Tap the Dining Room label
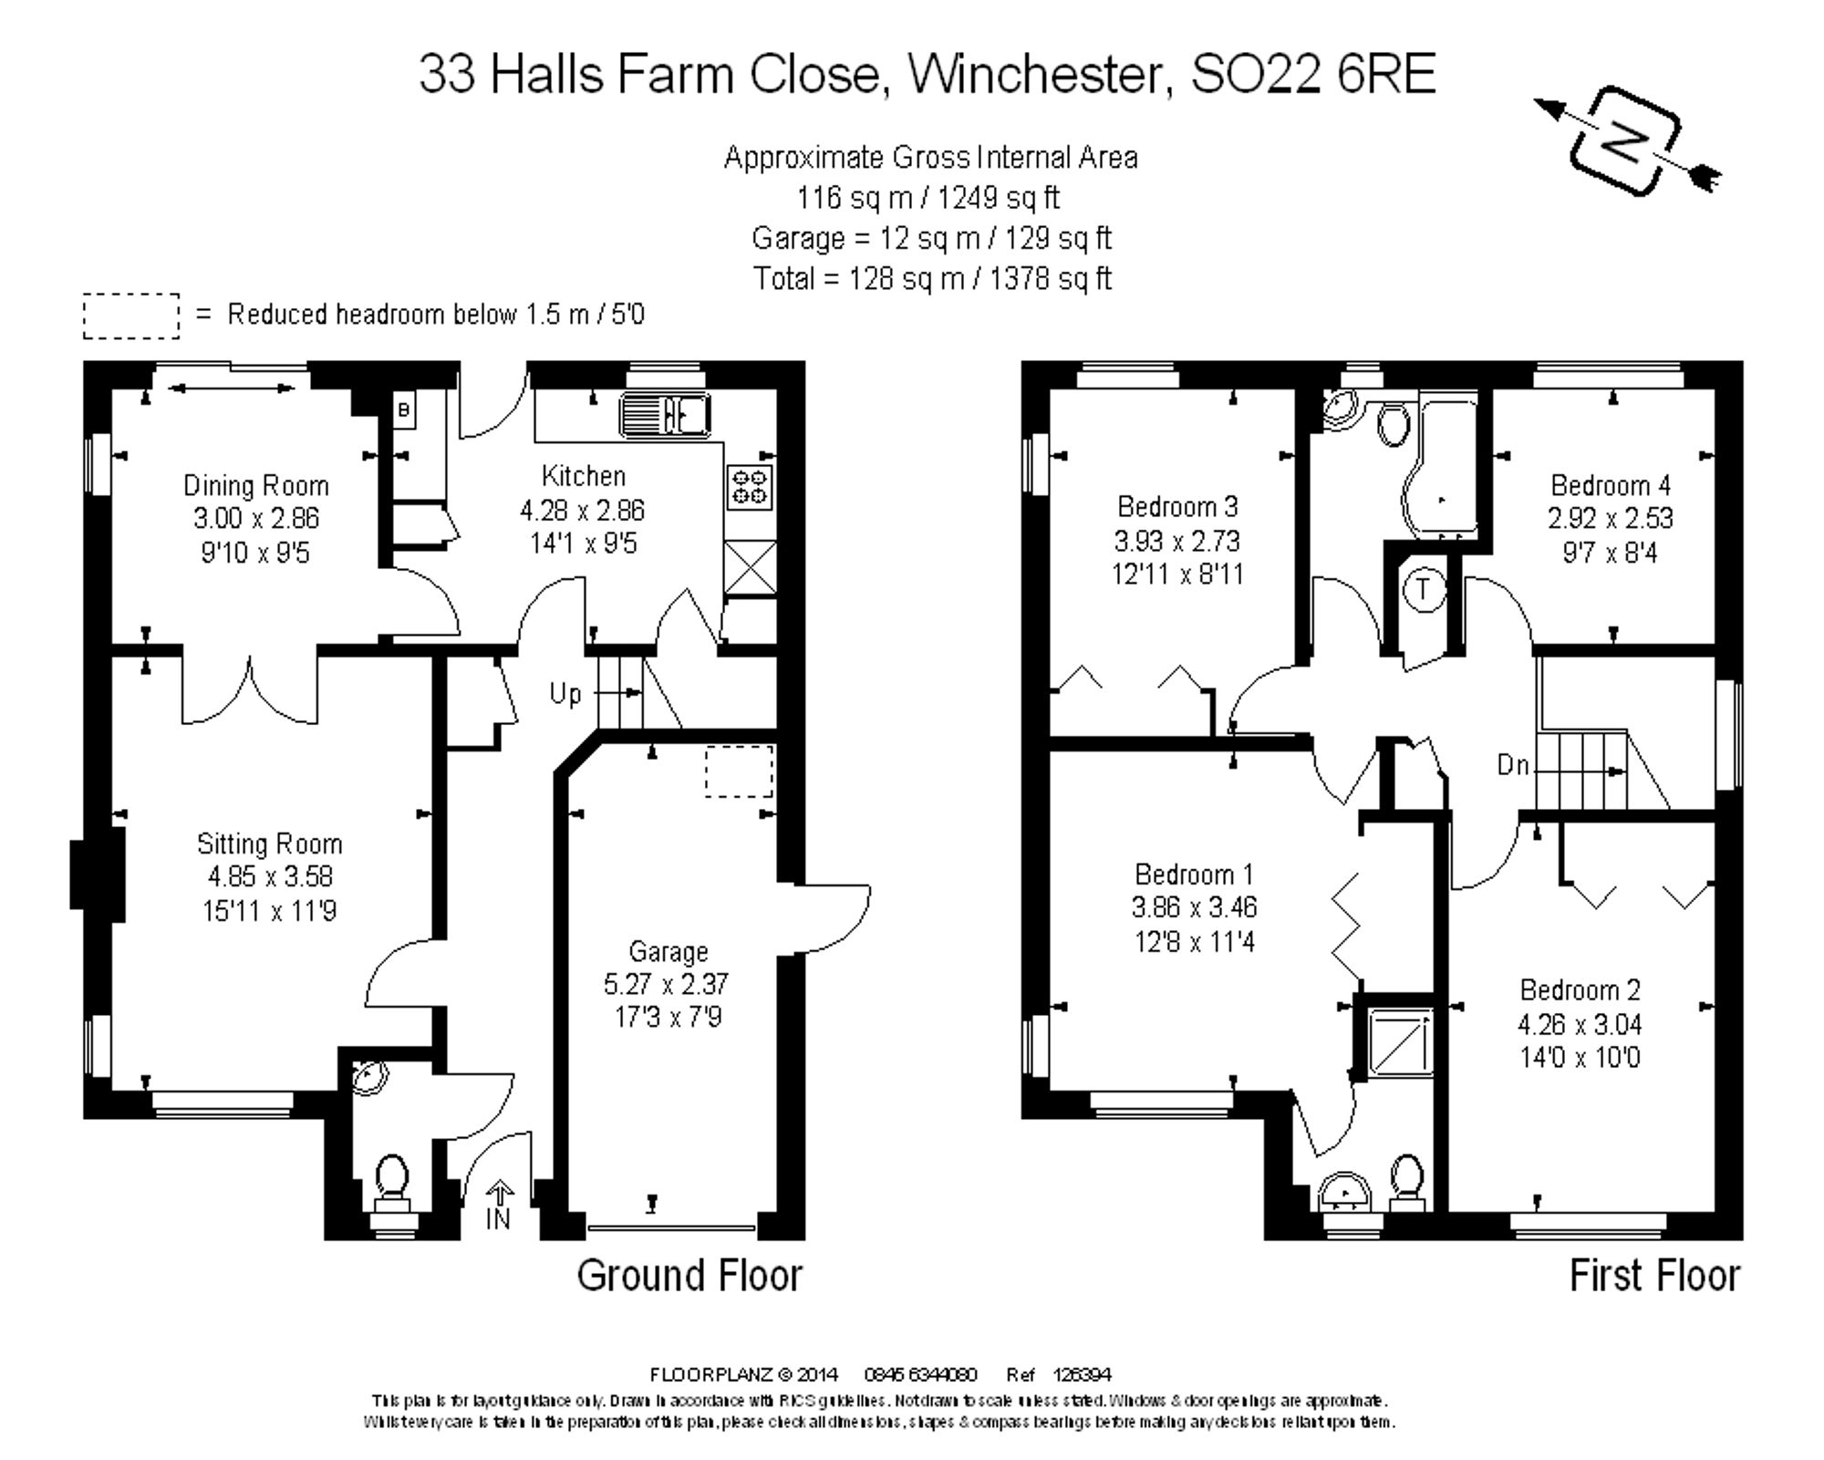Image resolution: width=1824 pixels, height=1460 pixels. click(x=255, y=485)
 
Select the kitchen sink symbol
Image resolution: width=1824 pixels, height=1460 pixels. click(x=665, y=415)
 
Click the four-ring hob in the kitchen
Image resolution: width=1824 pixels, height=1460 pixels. click(x=750, y=486)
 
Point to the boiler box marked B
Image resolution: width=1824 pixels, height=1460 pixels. click(x=404, y=410)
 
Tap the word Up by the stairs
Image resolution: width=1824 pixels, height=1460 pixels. click(x=565, y=694)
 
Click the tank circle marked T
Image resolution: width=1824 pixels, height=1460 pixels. click(x=1424, y=589)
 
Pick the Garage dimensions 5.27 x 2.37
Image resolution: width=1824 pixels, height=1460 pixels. click(x=666, y=984)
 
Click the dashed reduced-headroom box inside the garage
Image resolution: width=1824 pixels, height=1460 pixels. click(x=739, y=771)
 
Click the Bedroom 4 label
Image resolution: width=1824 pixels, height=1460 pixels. click(x=1610, y=485)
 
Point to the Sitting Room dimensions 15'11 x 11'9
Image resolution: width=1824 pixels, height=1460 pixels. click(x=269, y=910)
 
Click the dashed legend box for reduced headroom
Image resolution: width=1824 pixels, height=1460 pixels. click(x=131, y=316)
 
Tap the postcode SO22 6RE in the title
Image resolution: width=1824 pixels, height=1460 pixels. click(x=1313, y=73)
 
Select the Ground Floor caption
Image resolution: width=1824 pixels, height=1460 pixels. click(x=689, y=1275)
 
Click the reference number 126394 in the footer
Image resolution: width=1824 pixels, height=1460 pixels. click(x=1083, y=1374)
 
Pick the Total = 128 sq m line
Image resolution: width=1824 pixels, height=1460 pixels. click(x=931, y=278)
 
